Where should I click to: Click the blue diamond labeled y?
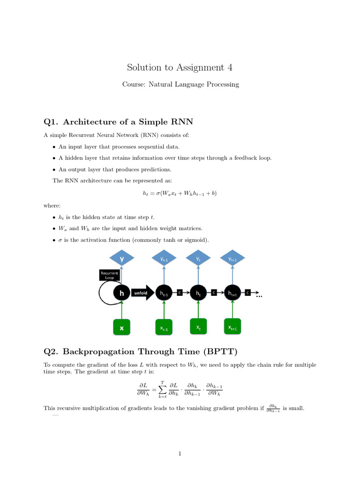click(x=122, y=258)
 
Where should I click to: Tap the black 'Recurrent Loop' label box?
click(x=109, y=275)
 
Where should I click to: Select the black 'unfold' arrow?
click(x=141, y=293)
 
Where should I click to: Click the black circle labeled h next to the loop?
click(x=122, y=293)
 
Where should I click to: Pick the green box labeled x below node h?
click(x=122, y=328)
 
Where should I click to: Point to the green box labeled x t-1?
click(x=164, y=328)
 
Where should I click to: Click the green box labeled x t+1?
click(x=232, y=327)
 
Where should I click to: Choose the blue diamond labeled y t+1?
click(x=232, y=259)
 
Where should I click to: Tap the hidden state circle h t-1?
click(x=164, y=293)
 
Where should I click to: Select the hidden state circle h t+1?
click(x=232, y=293)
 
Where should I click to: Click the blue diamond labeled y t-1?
click(x=164, y=259)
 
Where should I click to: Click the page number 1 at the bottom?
click(x=180, y=453)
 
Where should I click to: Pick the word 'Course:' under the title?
click(x=133, y=84)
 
